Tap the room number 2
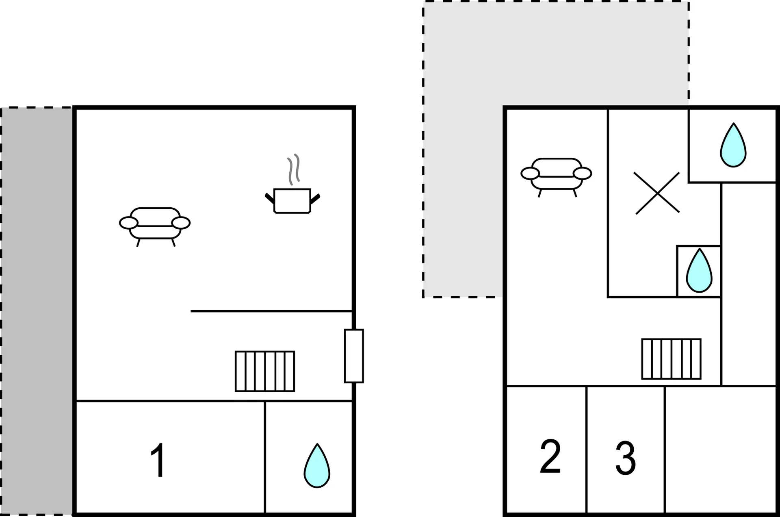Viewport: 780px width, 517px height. point(550,456)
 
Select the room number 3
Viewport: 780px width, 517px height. point(626,458)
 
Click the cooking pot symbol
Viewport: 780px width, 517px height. point(292,201)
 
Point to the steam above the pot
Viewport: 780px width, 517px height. point(294,169)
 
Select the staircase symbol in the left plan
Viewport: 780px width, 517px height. point(265,371)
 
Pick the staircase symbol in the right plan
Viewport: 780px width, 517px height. point(671,359)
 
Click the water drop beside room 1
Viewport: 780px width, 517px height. point(317,466)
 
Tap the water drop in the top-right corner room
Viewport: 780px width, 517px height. point(733,145)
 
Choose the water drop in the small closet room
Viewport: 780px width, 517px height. point(699,271)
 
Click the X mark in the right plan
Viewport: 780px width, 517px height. point(657,193)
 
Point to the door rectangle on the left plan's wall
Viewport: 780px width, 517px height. point(354,356)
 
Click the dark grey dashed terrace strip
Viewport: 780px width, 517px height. point(37,311)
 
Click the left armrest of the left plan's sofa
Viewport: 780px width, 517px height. point(128,223)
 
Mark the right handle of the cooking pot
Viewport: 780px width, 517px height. point(315,199)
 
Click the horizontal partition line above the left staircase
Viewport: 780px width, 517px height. point(271,311)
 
